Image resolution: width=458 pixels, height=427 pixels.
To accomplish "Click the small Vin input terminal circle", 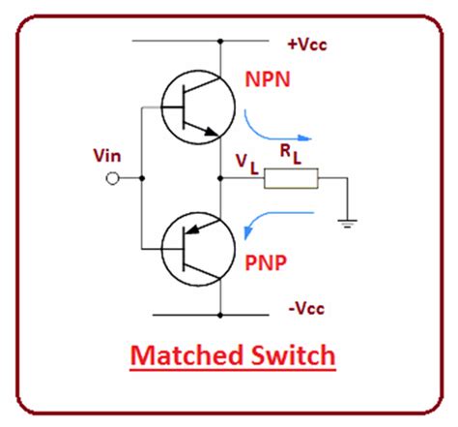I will (x=113, y=179).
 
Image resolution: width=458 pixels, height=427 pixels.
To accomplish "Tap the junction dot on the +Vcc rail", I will (x=222, y=42).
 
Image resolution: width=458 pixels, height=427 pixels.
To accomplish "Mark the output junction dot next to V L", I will (x=222, y=179).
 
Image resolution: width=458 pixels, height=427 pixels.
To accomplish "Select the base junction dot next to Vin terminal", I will (x=142, y=179).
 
